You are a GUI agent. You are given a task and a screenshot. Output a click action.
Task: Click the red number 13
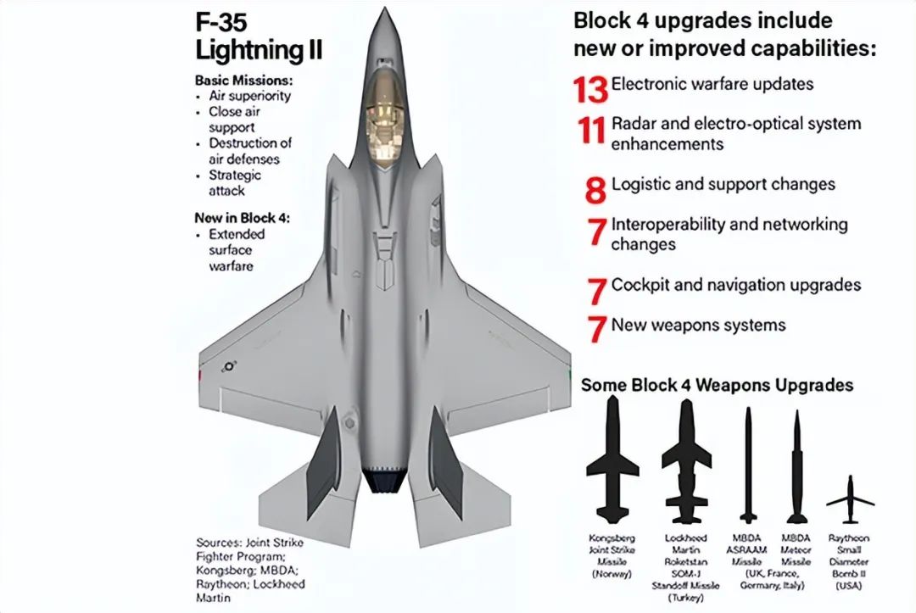point(591,87)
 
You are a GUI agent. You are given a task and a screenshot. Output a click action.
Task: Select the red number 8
point(596,188)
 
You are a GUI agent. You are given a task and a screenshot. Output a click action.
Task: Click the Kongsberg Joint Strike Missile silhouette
point(612,462)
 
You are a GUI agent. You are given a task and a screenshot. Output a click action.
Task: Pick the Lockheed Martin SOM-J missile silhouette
point(686,462)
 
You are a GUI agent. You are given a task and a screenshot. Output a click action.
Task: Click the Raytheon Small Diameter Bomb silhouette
point(850,501)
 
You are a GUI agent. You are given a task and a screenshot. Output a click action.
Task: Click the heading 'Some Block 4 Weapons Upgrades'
point(717,386)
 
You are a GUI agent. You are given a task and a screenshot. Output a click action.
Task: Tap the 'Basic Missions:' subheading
point(243,81)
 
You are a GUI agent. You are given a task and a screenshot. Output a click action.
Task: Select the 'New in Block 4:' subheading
point(243,218)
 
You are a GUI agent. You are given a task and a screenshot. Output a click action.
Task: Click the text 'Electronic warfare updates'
point(712,84)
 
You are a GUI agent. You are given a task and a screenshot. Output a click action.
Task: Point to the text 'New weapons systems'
point(698,325)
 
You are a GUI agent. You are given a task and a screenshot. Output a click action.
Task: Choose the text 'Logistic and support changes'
point(723,184)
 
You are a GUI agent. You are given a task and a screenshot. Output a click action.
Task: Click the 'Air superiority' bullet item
point(249,96)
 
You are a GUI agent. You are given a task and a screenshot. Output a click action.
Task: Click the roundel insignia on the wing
point(228,367)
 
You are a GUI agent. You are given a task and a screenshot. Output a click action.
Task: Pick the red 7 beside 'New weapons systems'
point(597,329)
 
